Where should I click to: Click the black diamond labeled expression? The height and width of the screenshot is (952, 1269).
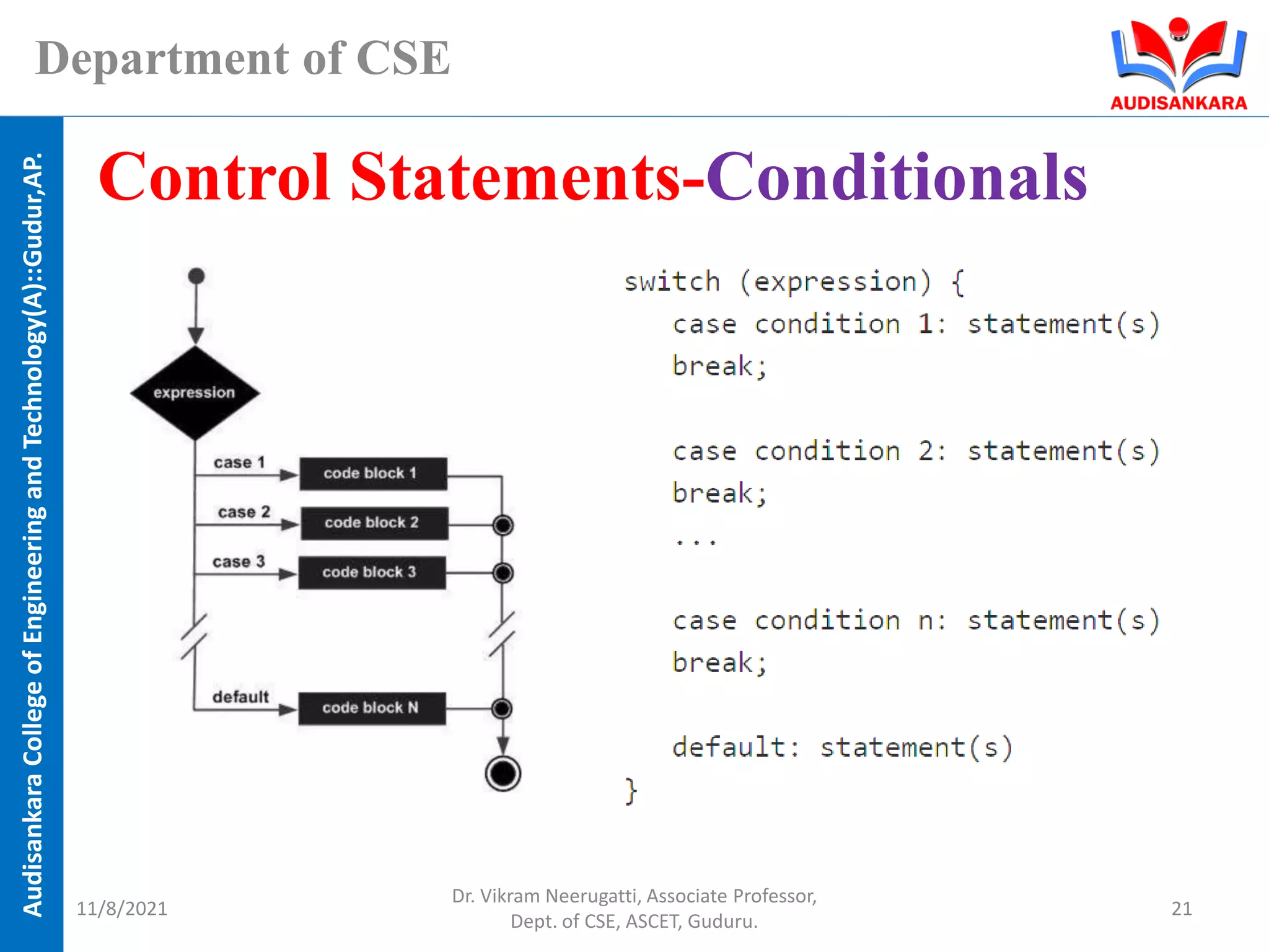[195, 393]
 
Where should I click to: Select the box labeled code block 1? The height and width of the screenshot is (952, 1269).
[373, 474]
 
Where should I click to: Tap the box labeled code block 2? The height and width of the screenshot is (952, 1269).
[374, 523]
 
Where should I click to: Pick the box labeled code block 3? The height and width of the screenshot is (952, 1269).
[372, 572]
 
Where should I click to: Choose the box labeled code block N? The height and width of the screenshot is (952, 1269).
[372, 708]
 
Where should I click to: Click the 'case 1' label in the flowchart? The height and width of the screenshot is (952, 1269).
[239, 462]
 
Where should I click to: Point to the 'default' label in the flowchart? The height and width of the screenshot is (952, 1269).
[240, 697]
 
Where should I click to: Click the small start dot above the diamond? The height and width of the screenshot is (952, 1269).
[196, 276]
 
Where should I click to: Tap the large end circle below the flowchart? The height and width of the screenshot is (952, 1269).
[503, 773]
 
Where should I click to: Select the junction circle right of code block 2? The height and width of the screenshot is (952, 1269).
[503, 526]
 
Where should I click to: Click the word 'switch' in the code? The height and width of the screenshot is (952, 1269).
[672, 282]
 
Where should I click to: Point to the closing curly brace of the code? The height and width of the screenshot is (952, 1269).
[630, 791]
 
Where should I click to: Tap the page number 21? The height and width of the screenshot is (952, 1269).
[1181, 908]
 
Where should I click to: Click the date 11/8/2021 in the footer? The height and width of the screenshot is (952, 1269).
[121, 908]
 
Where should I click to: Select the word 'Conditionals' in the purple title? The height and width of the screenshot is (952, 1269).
[897, 178]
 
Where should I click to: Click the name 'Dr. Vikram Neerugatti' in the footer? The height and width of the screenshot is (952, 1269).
[545, 896]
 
